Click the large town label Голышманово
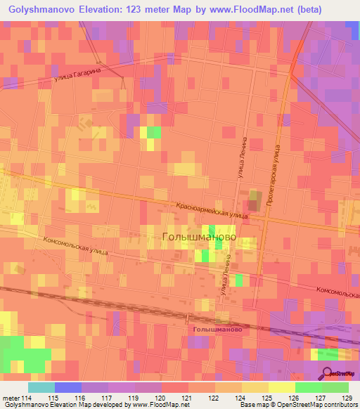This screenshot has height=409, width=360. pos(199,238)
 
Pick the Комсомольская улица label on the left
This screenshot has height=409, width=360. pos(74,252)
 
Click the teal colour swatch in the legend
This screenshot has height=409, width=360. pos(41,387)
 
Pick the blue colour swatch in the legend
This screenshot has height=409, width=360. pos(67,387)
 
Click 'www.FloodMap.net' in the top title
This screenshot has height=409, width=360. pos(251,9)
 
